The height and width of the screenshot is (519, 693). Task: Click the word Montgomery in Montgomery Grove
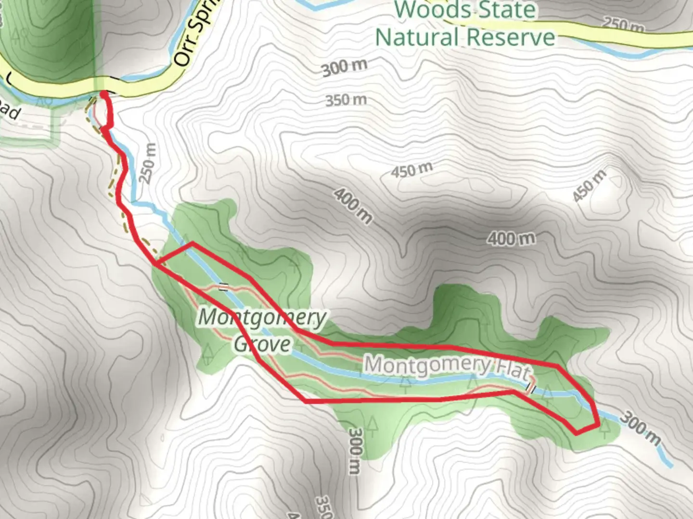262,318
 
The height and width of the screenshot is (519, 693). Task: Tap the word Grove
263,344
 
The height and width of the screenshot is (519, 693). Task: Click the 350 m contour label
346,100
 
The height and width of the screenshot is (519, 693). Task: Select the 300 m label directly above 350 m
345,68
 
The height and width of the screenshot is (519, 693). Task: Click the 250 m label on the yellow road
623,24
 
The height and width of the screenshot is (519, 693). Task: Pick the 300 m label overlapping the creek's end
641,429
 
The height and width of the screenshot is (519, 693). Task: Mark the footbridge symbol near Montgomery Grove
223,287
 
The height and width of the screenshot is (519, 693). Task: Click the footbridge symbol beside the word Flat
531,387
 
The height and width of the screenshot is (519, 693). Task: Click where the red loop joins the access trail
157,263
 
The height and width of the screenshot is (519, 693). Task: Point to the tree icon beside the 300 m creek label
605,428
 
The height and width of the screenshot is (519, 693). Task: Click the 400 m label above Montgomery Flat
511,238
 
